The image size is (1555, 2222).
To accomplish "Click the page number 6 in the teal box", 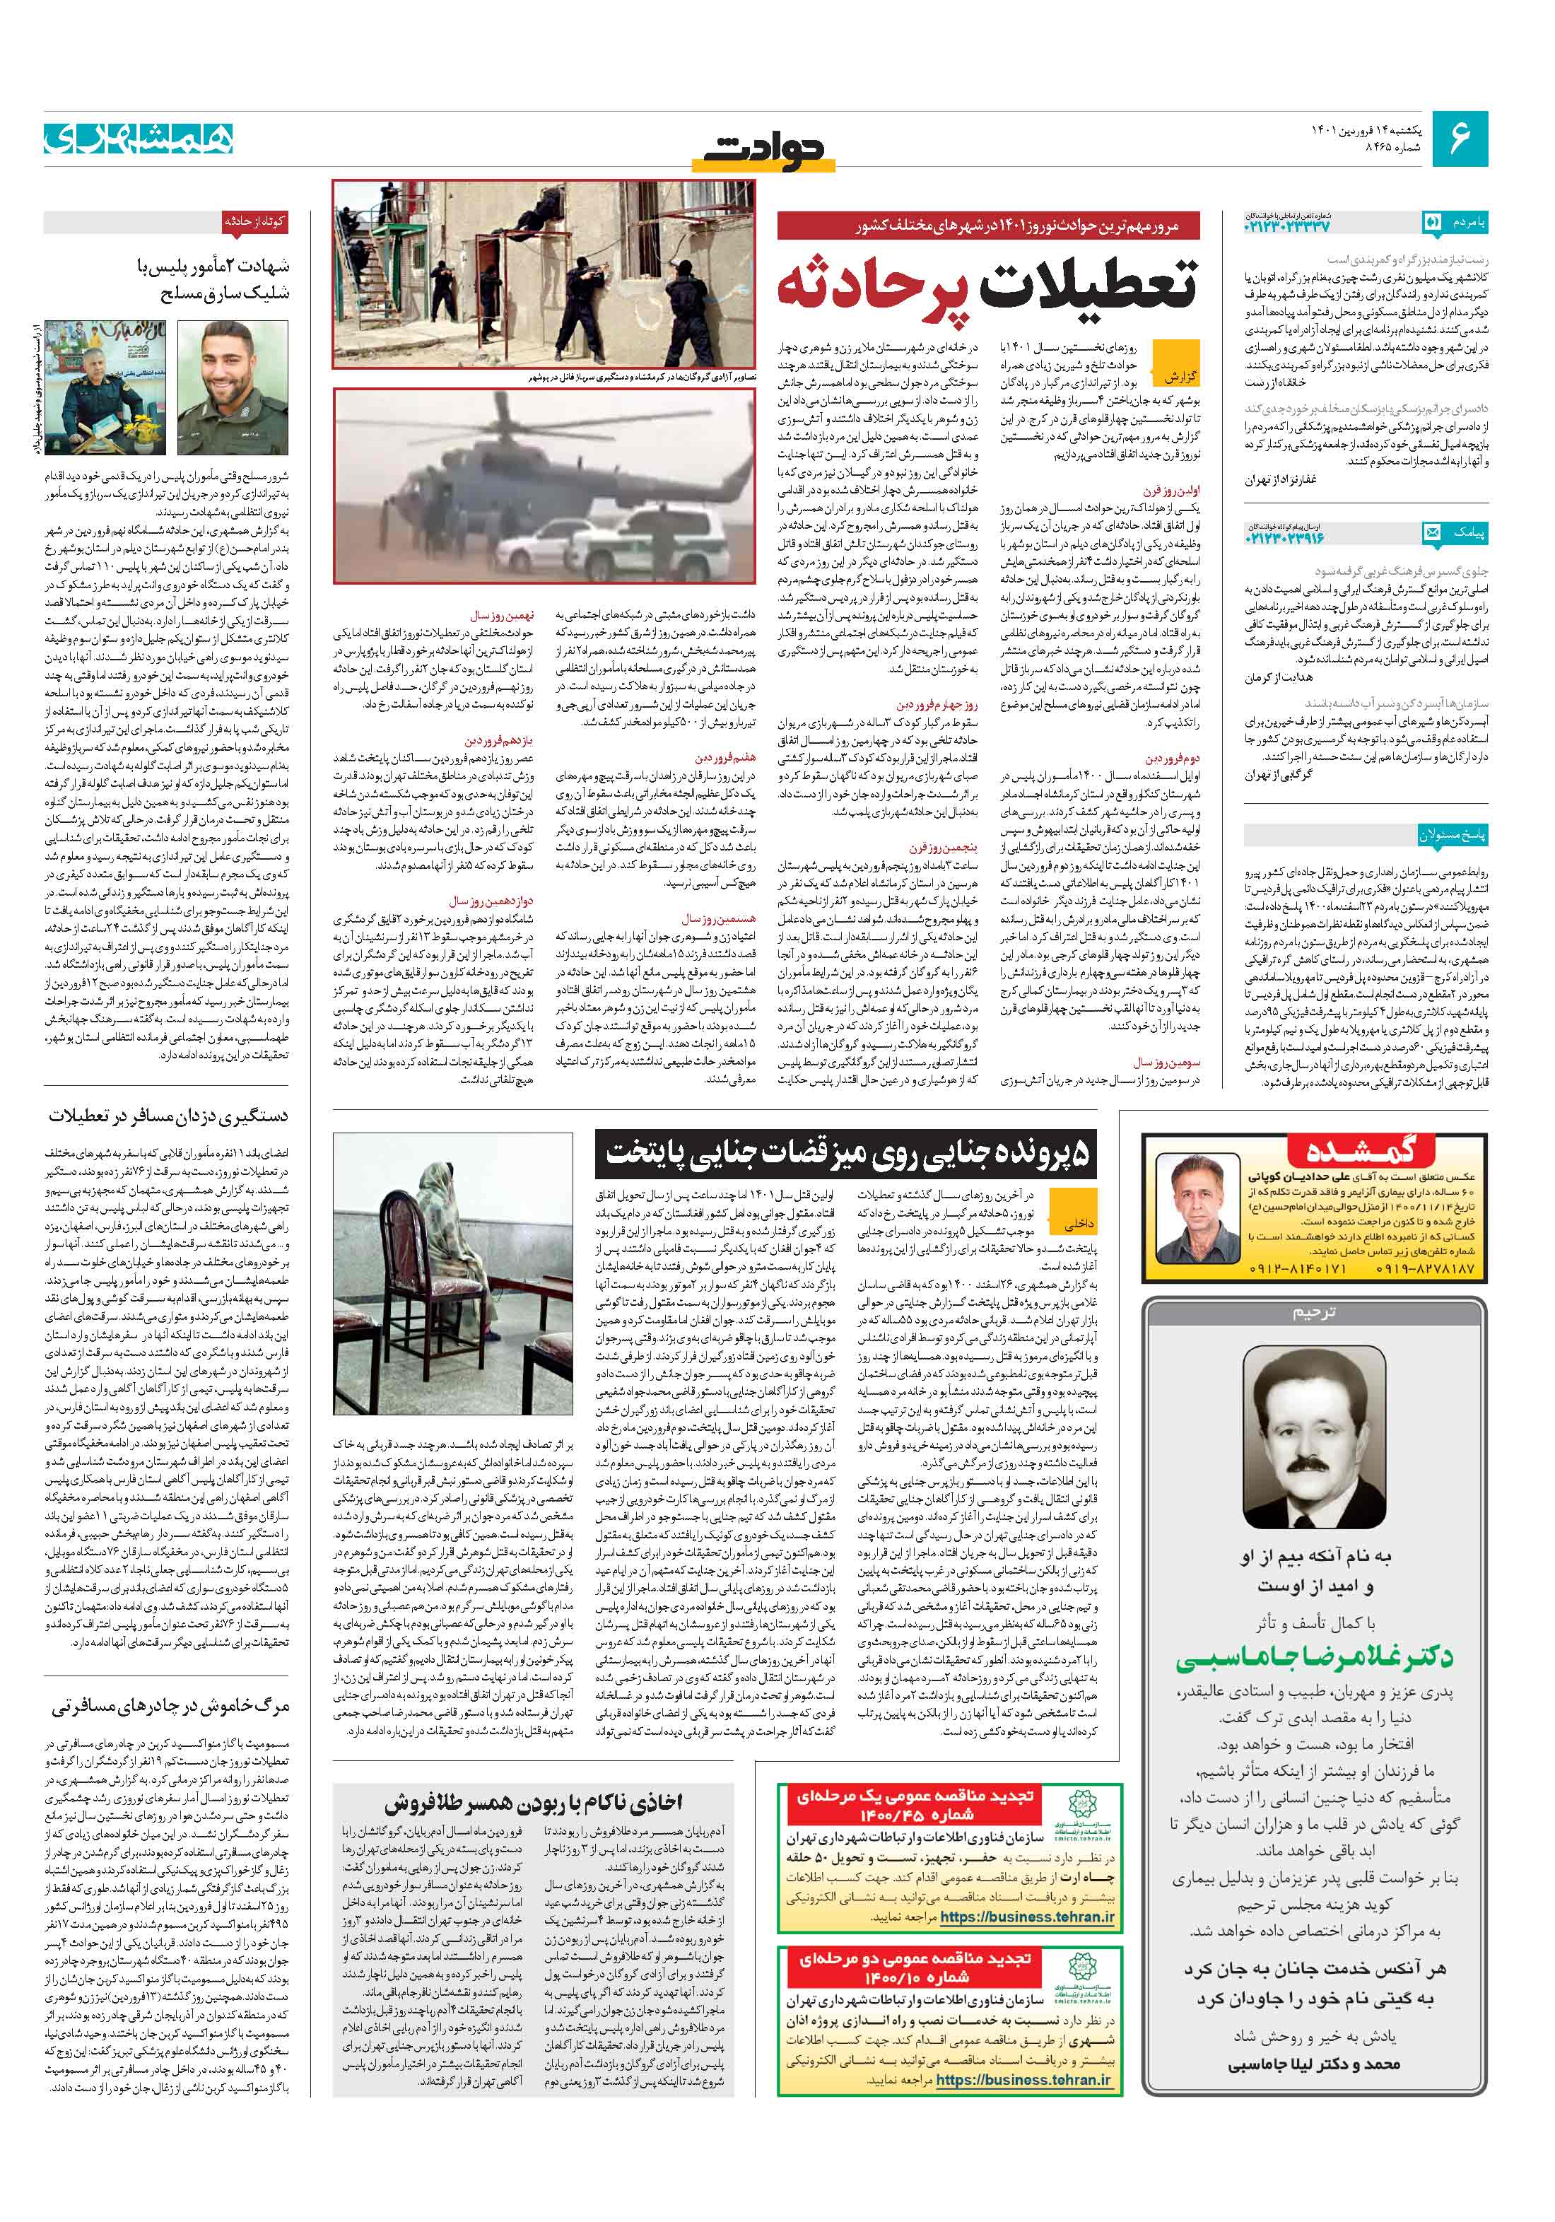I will point(1459,139).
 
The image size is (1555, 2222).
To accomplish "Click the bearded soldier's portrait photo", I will point(233,387).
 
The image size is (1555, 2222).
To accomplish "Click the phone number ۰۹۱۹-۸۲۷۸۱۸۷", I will point(1416,1268).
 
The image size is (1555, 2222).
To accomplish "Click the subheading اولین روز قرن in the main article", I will point(1171,491).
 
